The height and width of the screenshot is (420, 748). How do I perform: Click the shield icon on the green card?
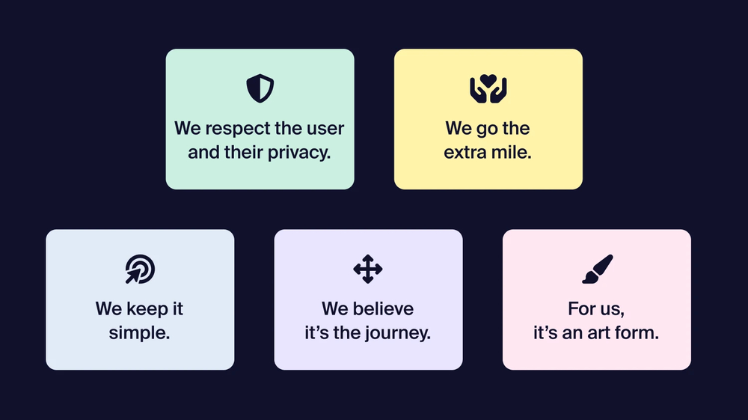pyautogui.click(x=260, y=89)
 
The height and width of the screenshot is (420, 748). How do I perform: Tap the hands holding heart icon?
pyautogui.click(x=488, y=89)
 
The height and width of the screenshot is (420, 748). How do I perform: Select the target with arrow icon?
pyautogui.click(x=140, y=270)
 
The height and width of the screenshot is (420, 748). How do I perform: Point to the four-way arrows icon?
pyautogui.click(x=367, y=270)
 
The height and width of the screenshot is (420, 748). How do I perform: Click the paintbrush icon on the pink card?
pyautogui.click(x=597, y=270)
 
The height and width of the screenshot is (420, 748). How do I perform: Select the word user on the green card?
pyautogui.click(x=325, y=128)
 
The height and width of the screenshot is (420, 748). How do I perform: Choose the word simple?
pyautogui.click(x=140, y=333)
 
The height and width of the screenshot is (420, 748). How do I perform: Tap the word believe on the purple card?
pyautogui.click(x=384, y=308)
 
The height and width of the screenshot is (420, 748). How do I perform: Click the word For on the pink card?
pyautogui.click(x=580, y=308)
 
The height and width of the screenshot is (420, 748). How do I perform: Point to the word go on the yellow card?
pyautogui.click(x=488, y=129)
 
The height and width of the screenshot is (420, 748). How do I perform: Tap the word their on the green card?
pyautogui.click(x=245, y=153)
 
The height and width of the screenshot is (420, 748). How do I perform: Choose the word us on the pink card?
pyautogui.click(x=611, y=309)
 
